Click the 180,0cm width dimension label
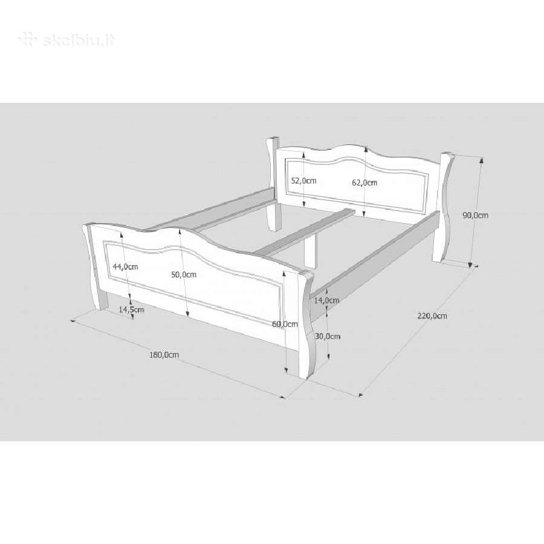164,355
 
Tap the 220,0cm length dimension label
432,316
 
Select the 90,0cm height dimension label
475,215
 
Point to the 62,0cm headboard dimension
364,183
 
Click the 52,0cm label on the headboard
303,180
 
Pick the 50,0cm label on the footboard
184,274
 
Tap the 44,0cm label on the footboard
125,267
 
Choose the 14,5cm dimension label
131,309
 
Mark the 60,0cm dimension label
285,324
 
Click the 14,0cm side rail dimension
326,300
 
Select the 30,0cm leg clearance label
328,336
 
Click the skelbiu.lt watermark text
66,40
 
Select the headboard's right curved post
444,208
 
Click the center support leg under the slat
311,251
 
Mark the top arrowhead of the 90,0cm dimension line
481,160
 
